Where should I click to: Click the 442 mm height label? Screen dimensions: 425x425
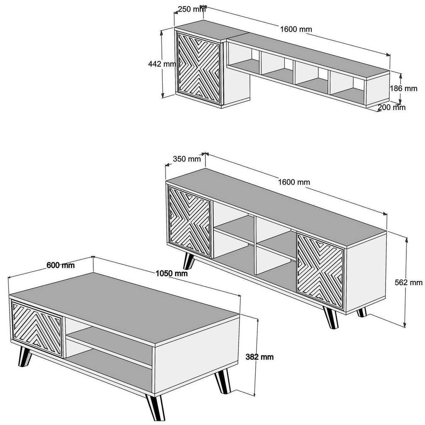tap(162, 64)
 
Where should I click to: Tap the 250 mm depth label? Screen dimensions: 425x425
tap(191, 9)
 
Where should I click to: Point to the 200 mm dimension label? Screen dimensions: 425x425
tap(392, 107)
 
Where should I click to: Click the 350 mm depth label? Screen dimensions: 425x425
tap(186, 159)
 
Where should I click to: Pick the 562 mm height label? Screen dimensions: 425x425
tap(409, 283)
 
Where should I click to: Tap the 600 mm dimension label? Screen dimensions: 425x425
tap(61, 265)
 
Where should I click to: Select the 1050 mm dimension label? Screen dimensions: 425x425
tap(171, 274)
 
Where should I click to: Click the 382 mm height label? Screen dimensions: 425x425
tap(260, 357)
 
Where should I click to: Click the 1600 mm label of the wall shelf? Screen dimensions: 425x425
tap(296, 29)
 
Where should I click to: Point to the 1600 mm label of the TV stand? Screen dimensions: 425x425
tap(294, 182)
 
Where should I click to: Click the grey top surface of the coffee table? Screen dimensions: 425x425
tap(125, 305)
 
